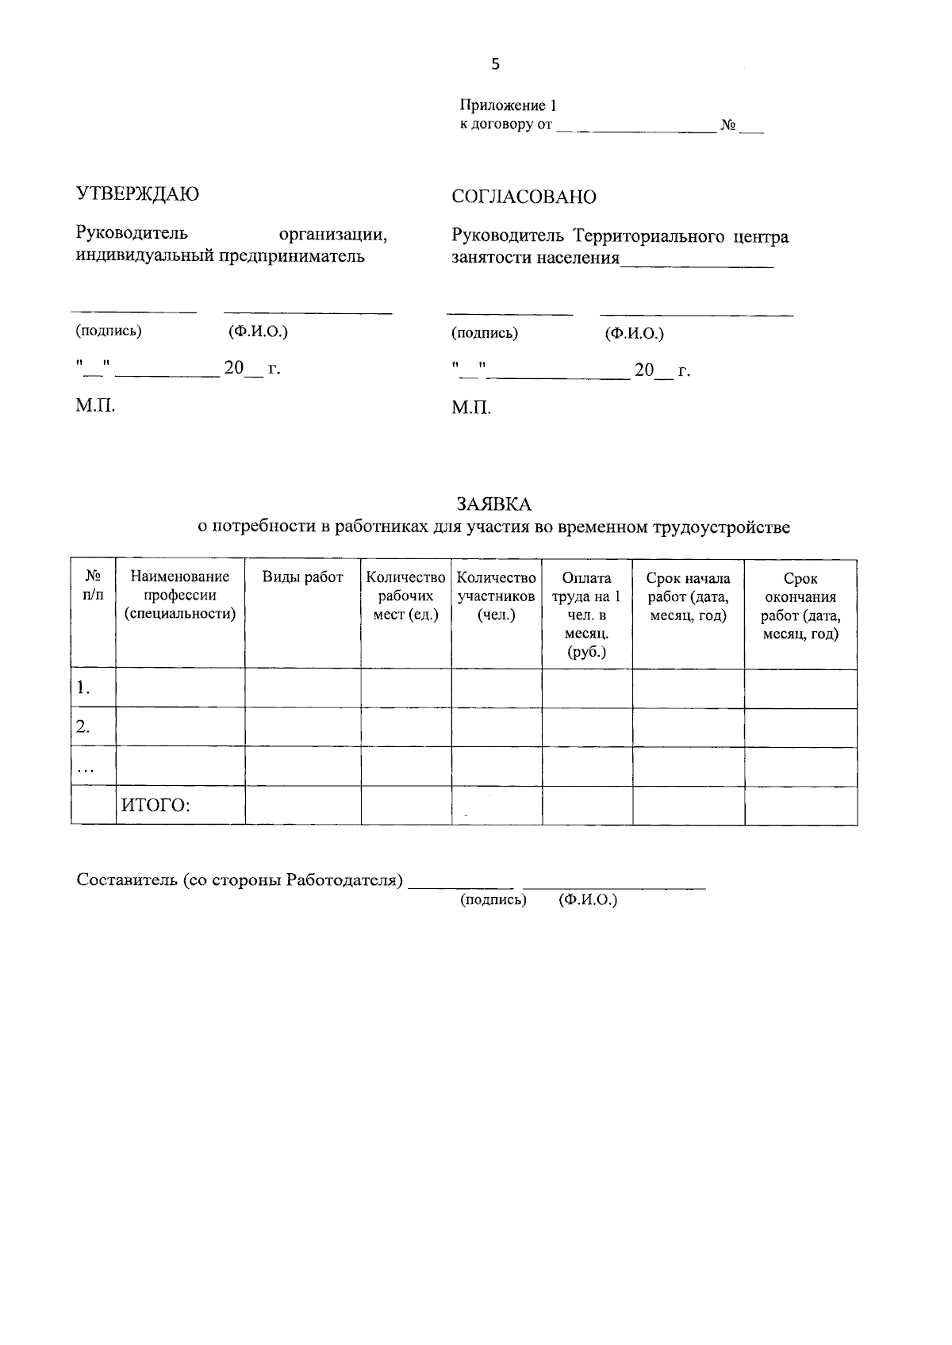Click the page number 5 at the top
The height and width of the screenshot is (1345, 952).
496,65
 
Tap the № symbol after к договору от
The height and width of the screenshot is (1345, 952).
727,125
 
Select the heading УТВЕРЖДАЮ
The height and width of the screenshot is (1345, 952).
137,194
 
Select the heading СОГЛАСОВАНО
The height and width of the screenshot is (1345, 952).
524,197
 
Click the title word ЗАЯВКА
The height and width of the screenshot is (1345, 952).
493,504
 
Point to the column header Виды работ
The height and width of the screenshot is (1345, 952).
302,577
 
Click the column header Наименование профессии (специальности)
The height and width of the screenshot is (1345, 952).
180,596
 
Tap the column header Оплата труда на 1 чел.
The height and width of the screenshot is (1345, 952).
586,615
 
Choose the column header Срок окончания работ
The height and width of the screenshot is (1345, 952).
800,606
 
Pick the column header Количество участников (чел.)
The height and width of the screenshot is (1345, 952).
497,596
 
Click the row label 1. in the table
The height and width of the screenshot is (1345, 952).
83,688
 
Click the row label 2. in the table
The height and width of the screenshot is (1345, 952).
83,726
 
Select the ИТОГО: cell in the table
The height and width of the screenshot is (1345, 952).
155,806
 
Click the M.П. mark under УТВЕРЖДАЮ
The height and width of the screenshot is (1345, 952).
95,407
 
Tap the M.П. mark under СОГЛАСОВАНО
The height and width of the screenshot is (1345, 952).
471,408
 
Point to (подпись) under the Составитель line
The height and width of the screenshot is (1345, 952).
493,899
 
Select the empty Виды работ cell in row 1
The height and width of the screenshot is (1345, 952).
302,688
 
